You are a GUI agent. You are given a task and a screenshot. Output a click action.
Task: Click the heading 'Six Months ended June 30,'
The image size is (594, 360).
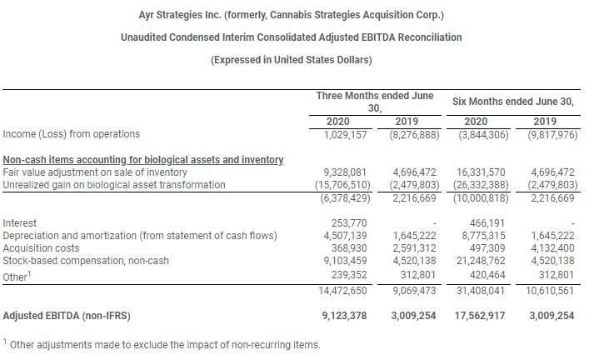[513, 101]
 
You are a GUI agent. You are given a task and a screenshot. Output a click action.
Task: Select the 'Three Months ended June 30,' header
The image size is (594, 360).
[375, 102]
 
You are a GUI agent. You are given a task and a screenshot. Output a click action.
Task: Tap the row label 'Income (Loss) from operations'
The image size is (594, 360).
[72, 134]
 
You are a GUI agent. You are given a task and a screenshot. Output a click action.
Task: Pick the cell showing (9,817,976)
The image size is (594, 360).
[546, 134]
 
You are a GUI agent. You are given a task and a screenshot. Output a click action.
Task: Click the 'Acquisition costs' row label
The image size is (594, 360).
[42, 248]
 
